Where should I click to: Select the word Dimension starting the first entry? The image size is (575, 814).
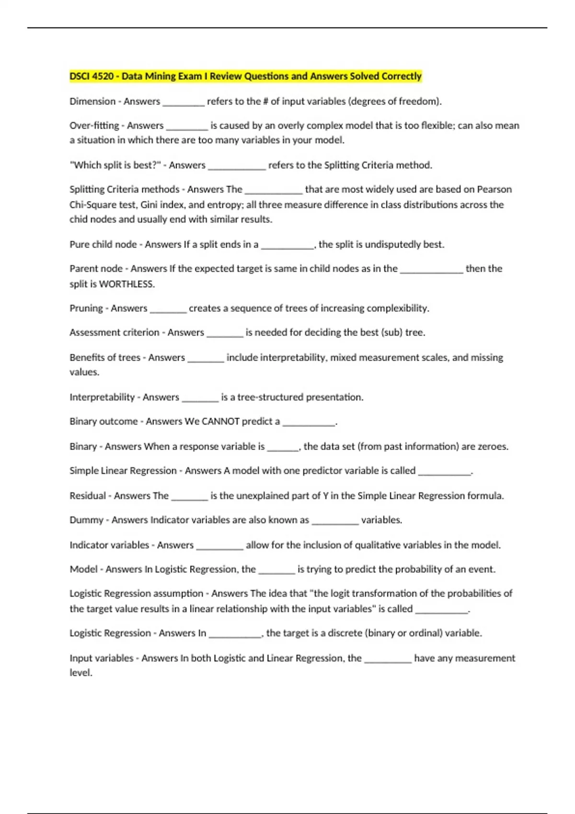pyautogui.click(x=92, y=102)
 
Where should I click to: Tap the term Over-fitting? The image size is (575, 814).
pyautogui.click(x=94, y=125)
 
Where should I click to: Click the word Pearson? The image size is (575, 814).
pyautogui.click(x=494, y=189)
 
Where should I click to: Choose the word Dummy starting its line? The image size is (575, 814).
pyautogui.click(x=86, y=520)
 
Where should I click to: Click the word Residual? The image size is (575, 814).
pyautogui.click(x=88, y=496)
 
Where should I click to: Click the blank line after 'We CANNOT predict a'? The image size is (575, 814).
pyautogui.click(x=309, y=423)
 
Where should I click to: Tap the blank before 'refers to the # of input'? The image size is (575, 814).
pyautogui.click(x=184, y=103)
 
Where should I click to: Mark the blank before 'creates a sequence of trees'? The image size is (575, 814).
pyautogui.click(x=168, y=310)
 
